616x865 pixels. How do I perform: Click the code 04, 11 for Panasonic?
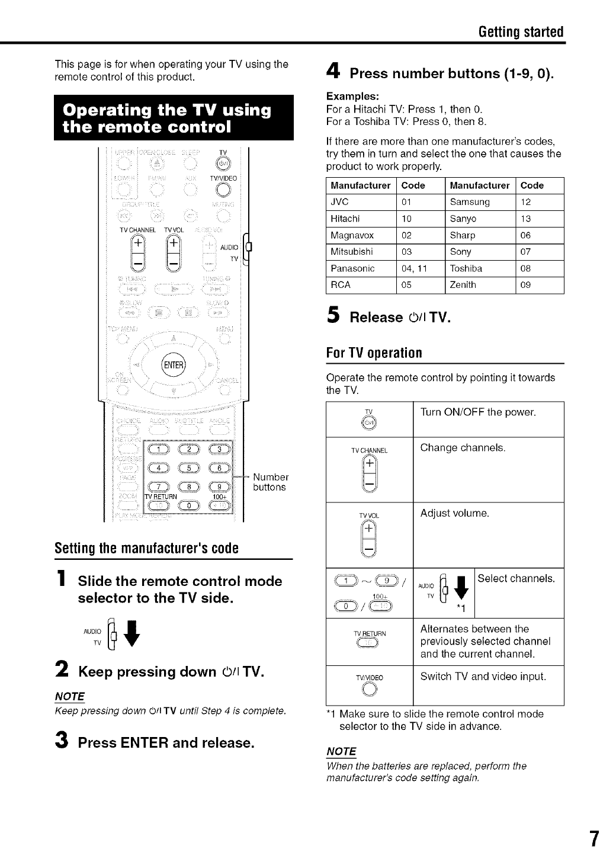pyautogui.click(x=415, y=268)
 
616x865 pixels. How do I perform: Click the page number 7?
pyautogui.click(x=594, y=840)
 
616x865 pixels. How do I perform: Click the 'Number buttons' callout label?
pyautogui.click(x=270, y=482)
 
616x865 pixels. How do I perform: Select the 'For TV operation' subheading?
pyautogui.click(x=374, y=354)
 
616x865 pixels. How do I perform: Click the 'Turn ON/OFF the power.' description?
pyautogui.click(x=478, y=412)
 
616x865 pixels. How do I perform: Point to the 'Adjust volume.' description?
pyautogui.click(x=455, y=513)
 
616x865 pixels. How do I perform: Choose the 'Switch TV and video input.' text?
pyautogui.click(x=483, y=676)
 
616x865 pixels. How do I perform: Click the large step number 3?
pyautogui.click(x=60, y=742)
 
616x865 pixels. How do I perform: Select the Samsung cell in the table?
pyautogui.click(x=470, y=202)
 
